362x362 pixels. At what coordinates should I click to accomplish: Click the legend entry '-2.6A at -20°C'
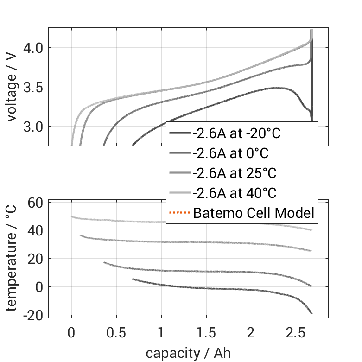[237, 134]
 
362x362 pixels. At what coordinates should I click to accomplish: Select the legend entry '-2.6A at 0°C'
[230, 153]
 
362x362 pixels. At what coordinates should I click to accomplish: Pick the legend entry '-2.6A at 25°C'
[234, 173]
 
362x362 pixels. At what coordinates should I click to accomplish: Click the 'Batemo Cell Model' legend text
[254, 213]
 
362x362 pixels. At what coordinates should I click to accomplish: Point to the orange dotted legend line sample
[180, 213]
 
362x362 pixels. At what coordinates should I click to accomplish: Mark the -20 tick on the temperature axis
[33, 315]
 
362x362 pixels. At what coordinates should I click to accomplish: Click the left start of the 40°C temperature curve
[72, 216]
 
